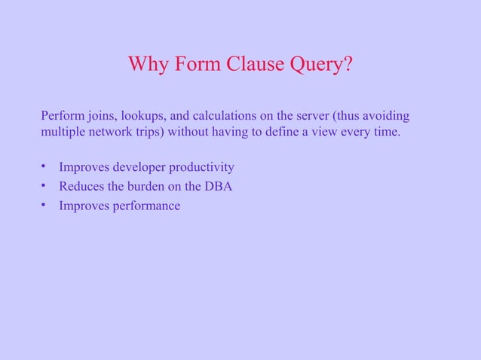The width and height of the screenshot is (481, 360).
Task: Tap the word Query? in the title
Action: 319,66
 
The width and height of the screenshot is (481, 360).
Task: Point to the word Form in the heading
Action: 198,65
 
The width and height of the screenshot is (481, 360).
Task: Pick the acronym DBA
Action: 218,186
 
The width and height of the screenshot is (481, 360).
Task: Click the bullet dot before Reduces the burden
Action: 44,185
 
